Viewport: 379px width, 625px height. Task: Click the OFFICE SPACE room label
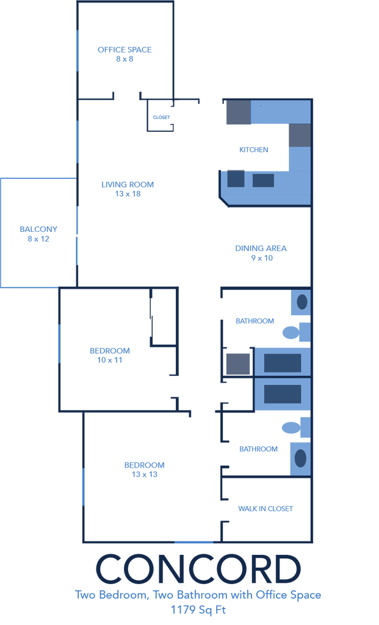click(x=125, y=50)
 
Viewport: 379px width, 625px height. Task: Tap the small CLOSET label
click(x=161, y=117)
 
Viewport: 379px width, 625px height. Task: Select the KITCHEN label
click(x=253, y=150)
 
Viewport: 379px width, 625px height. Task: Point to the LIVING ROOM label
click(x=128, y=184)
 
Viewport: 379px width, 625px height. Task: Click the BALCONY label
click(x=38, y=229)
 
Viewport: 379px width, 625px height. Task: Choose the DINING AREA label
click(x=261, y=248)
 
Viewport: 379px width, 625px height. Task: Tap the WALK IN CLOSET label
click(x=265, y=508)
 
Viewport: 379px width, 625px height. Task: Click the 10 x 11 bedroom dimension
click(x=110, y=360)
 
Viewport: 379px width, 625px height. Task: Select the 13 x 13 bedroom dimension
click(x=145, y=474)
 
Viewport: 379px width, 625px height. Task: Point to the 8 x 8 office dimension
click(x=125, y=59)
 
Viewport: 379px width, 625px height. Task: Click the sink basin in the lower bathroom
click(x=300, y=458)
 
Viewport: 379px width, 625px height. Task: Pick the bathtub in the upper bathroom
click(x=283, y=362)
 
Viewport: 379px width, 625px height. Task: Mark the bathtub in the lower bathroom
click(x=283, y=394)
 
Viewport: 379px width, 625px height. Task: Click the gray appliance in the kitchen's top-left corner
click(x=239, y=112)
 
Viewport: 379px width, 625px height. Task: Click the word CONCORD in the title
click(x=198, y=569)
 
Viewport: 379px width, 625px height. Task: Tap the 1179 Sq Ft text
click(x=198, y=610)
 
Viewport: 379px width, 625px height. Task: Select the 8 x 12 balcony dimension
click(x=38, y=239)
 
